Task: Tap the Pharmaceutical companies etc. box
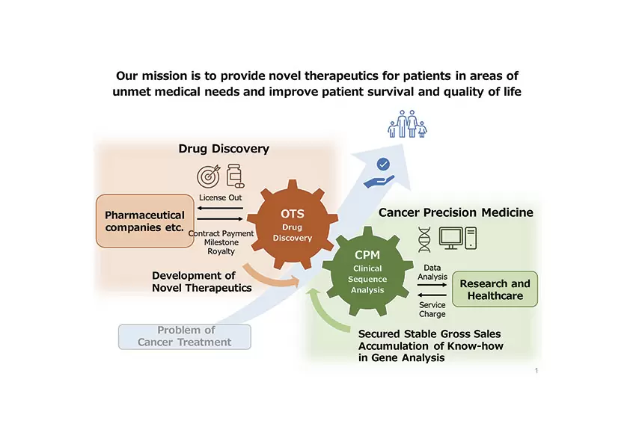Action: click(x=145, y=221)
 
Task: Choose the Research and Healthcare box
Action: click(x=495, y=289)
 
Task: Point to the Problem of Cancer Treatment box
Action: click(x=185, y=337)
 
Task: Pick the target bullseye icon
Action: click(x=209, y=176)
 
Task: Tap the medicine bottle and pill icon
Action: click(x=235, y=174)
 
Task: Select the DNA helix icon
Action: click(x=424, y=239)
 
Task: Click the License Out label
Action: click(x=221, y=197)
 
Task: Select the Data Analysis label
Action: click(x=432, y=272)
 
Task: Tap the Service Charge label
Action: click(x=432, y=310)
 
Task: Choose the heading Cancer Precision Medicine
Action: click(x=456, y=212)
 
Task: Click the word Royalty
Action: click(x=221, y=252)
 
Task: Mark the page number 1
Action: click(x=536, y=371)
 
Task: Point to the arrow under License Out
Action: click(x=221, y=208)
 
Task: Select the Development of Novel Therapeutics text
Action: click(x=202, y=282)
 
